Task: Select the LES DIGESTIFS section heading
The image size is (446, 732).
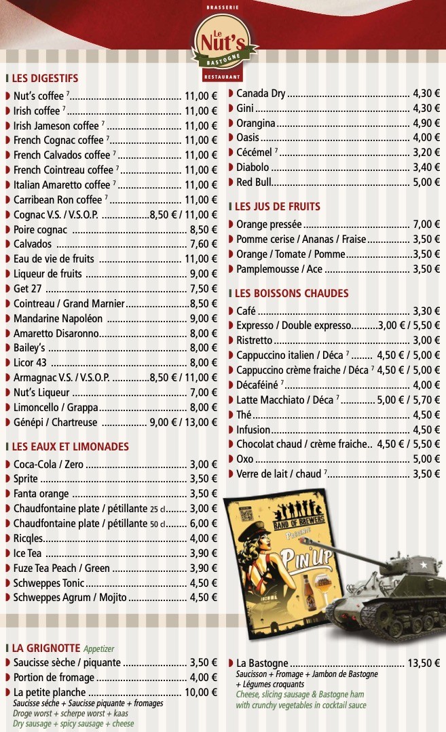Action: coord(45,78)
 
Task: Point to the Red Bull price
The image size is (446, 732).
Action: coord(426,182)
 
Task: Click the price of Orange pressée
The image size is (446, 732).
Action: coord(426,224)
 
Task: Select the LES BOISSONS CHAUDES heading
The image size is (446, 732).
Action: coord(291,293)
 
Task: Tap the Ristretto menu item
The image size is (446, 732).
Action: coord(255,341)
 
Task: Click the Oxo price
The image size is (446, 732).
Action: coord(426,459)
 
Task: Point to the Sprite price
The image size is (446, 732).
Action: coord(203,478)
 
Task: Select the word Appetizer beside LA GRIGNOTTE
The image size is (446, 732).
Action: coord(98,649)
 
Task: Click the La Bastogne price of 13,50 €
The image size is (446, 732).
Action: coord(424,663)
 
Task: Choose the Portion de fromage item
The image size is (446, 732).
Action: coord(54,677)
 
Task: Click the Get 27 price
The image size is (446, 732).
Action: coord(203,288)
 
